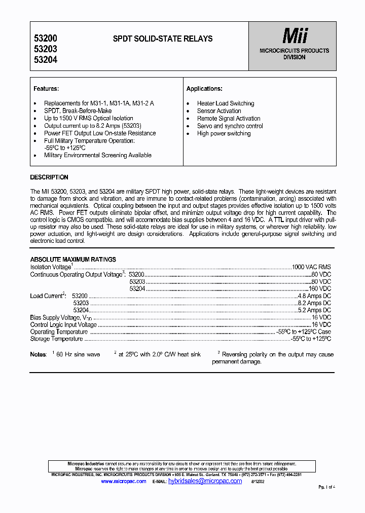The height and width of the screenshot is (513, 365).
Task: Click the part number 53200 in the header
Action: point(45,39)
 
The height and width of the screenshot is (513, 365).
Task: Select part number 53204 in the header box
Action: point(45,60)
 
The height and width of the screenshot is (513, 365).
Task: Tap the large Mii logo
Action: point(295,35)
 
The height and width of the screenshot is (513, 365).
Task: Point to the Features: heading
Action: point(46,89)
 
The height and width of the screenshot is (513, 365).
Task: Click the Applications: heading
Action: point(204,89)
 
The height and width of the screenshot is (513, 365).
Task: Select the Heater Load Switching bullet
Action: point(226,103)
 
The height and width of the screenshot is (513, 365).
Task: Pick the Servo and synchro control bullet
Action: point(230,126)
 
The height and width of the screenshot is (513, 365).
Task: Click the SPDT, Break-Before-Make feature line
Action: point(78,111)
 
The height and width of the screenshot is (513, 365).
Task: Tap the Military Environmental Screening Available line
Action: point(97,155)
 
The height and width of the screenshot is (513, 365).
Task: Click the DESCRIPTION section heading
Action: point(49,177)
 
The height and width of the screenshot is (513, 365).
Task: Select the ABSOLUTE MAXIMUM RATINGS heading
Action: point(73,260)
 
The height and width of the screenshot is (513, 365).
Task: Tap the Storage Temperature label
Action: point(56,339)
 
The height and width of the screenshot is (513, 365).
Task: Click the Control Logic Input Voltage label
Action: point(63,324)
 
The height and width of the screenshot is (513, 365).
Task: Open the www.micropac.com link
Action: point(123,481)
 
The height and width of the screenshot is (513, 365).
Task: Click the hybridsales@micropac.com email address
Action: point(205,481)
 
